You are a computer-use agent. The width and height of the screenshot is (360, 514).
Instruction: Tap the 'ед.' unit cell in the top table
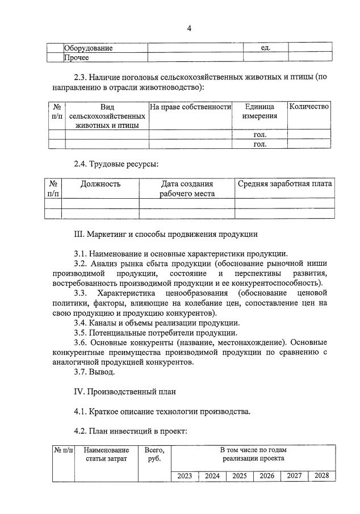[x=265, y=48]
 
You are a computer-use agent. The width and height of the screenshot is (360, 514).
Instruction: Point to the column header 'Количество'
[x=309, y=107]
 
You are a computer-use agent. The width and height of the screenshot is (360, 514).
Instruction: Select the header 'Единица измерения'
[x=259, y=111]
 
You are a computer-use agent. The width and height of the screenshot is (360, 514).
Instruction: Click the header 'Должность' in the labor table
[x=101, y=184]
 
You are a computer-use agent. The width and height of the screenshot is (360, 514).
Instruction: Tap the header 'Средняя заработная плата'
[x=284, y=184]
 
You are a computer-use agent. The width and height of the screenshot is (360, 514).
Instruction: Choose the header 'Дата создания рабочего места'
[x=187, y=189]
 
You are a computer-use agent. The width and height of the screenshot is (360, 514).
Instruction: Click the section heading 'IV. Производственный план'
[x=125, y=391]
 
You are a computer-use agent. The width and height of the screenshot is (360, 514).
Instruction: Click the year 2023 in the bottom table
[x=185, y=476]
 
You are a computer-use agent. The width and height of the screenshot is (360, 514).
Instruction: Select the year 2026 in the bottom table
[x=267, y=476]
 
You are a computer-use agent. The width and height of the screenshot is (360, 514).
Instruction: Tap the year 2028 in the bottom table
[x=321, y=476]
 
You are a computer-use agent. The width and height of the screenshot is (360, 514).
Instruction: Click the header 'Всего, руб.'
[x=154, y=454]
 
